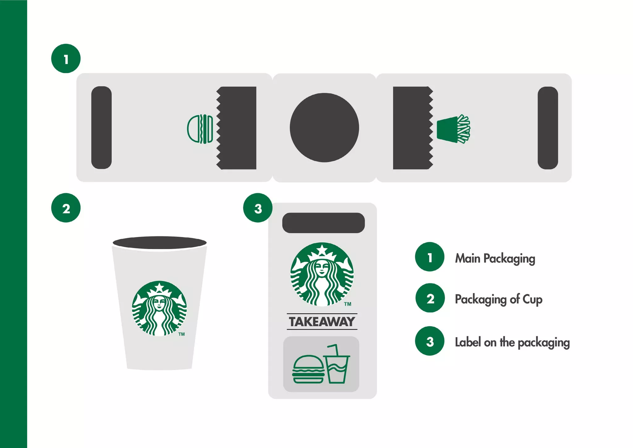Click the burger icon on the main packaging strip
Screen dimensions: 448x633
200,129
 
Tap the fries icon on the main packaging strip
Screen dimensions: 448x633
453,129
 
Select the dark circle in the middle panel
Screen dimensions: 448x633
324,127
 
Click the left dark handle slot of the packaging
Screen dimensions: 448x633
101,127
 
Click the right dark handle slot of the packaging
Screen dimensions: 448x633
548,128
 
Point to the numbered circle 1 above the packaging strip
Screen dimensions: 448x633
66,58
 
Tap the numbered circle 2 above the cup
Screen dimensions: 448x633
66,208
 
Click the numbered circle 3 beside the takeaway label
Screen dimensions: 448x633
258,208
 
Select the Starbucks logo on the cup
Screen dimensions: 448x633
159,308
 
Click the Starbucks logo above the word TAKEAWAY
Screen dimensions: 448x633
322,274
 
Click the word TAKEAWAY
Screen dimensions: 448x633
322,322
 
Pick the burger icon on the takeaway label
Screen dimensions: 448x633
308,369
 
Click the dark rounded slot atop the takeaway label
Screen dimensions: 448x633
323,223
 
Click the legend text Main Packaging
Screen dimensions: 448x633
495,258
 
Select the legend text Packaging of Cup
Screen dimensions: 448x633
499,299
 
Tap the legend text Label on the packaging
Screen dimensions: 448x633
512,342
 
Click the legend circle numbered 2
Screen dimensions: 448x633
430,298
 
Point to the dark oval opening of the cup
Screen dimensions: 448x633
159,243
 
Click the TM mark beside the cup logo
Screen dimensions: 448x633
181,334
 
